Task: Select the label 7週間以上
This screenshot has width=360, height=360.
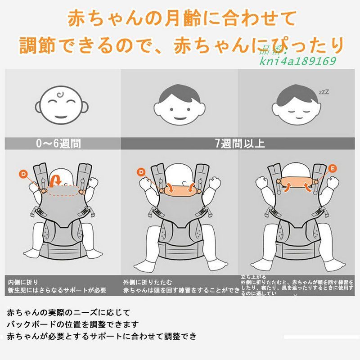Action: pos(240,144)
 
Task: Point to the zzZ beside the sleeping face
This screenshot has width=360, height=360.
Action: pos(324,92)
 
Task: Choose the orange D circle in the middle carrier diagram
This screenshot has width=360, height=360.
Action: pos(141,171)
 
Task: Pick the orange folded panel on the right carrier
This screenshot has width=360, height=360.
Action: pos(297,183)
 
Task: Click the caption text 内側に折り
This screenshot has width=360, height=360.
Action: pos(21,282)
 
